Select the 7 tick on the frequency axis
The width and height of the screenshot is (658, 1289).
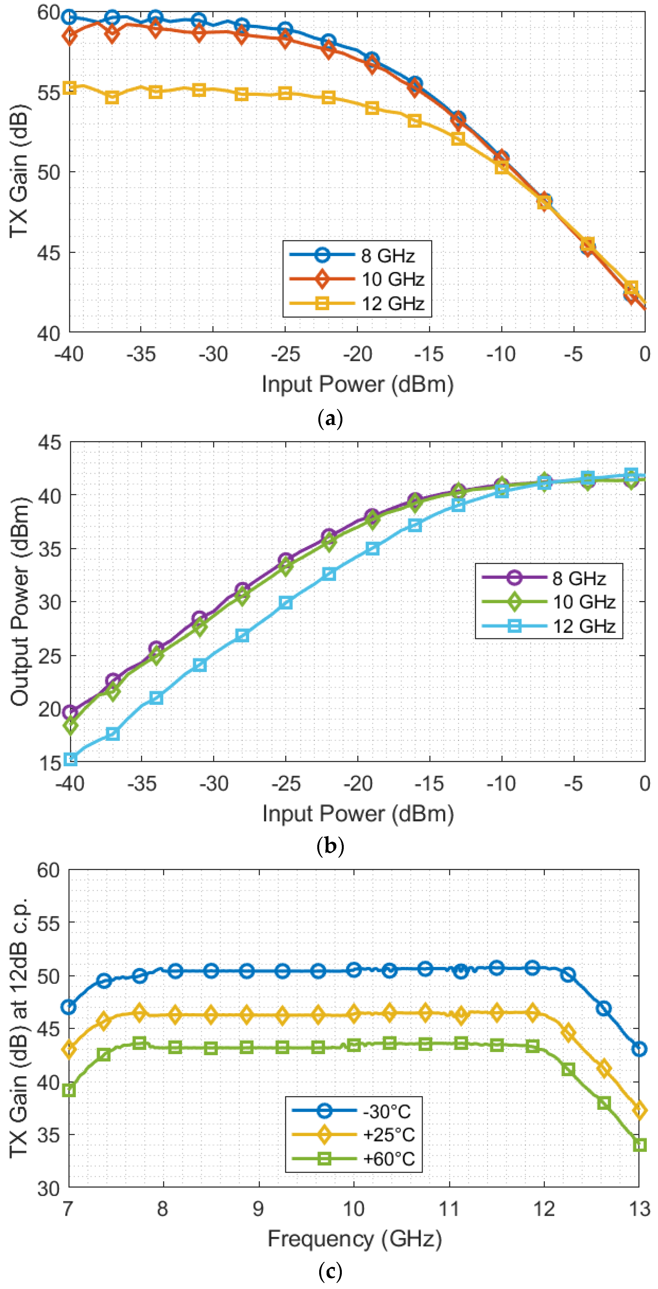click(x=68, y=1209)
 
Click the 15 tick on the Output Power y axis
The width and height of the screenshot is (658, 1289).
click(x=49, y=762)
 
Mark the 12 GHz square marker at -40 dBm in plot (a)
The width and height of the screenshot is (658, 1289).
click(x=70, y=88)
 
